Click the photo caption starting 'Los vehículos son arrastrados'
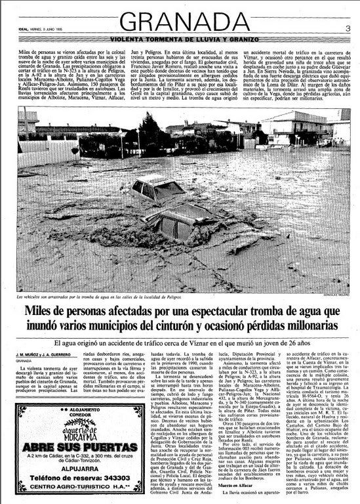pos(105,279)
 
